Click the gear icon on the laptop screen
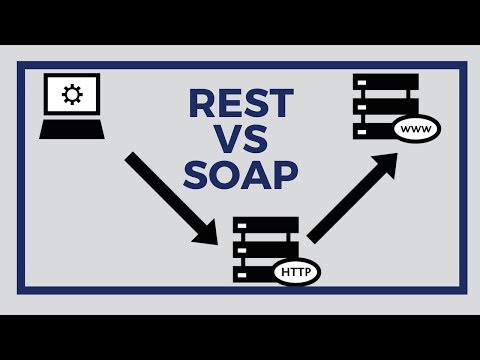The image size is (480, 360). point(71,96)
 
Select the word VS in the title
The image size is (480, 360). point(241,139)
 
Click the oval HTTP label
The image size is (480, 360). point(297,270)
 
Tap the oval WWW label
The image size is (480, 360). point(416,129)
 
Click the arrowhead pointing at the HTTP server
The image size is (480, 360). point(208,232)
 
